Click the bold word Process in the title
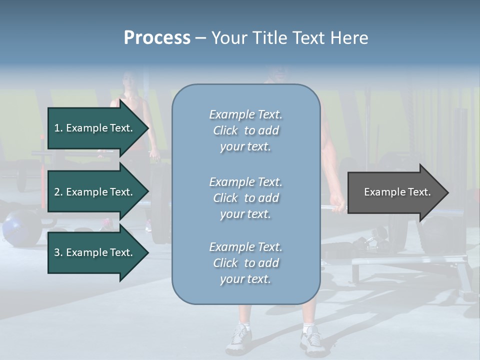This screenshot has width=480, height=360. (157, 38)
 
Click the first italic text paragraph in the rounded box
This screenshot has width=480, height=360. (245, 130)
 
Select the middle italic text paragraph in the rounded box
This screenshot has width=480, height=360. (245, 198)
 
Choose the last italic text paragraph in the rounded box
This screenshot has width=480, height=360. (245, 263)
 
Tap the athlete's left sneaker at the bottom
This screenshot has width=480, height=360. (238, 339)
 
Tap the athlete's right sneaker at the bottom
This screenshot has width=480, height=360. (311, 339)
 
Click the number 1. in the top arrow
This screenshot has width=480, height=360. (58, 128)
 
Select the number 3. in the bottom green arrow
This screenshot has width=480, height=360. (58, 252)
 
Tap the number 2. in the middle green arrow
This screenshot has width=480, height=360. (58, 192)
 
